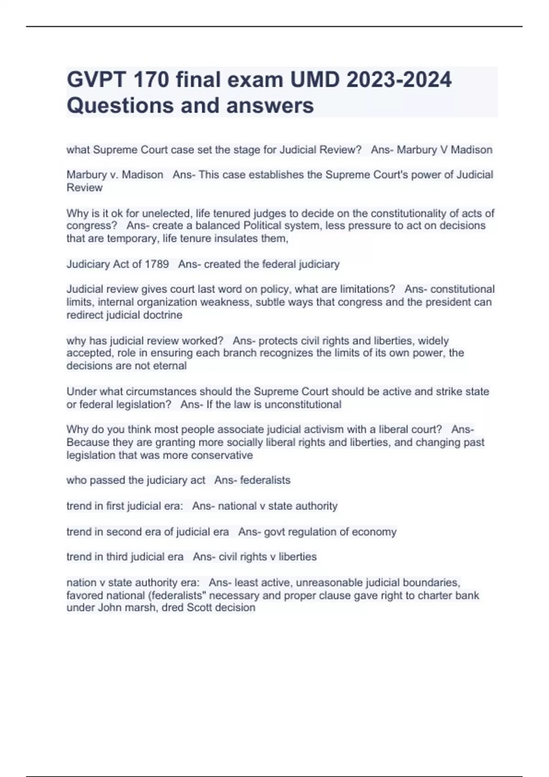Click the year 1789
[157, 264]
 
